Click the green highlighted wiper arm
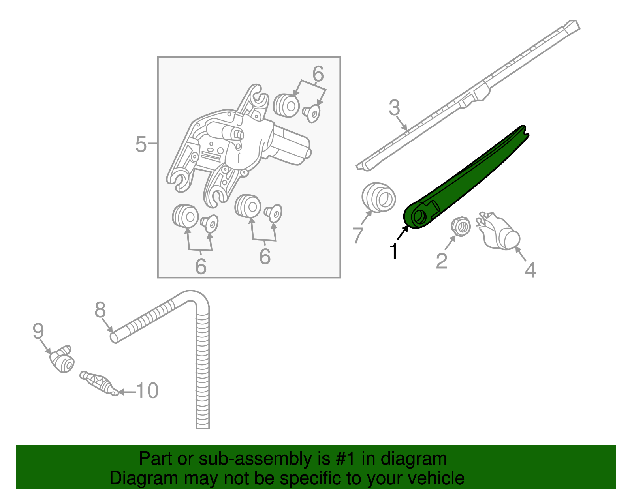click(466, 178)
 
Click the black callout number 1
click(393, 251)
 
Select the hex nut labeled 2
click(460, 227)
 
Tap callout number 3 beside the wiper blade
click(394, 108)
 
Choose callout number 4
click(530, 270)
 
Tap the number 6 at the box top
click(318, 74)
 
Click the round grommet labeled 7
click(378, 197)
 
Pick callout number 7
click(357, 235)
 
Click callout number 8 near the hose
click(100, 310)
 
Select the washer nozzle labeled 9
click(62, 359)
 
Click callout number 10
click(147, 391)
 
